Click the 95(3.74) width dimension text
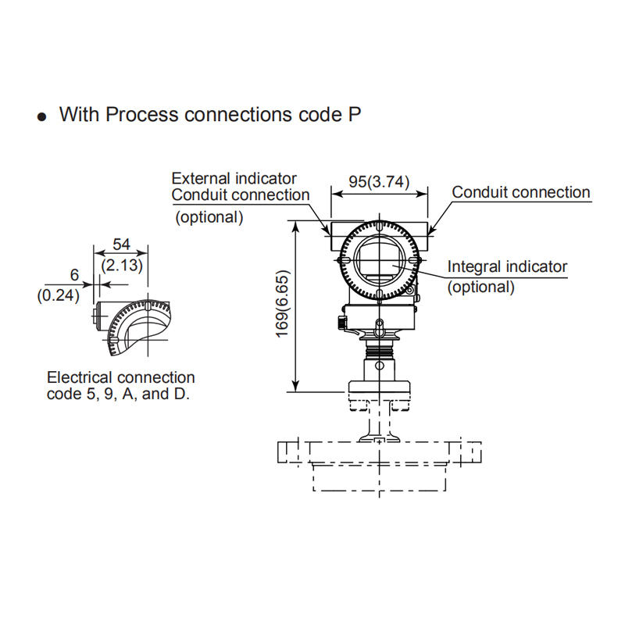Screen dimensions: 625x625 point(379,182)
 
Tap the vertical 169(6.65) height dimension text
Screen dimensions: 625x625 point(282,304)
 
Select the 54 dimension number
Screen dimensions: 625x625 point(121,244)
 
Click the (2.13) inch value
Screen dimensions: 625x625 point(122,265)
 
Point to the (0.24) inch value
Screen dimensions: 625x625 point(58,295)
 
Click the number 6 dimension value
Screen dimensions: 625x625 point(74,275)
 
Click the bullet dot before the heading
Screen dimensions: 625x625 point(41,116)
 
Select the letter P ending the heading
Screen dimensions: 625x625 point(355,114)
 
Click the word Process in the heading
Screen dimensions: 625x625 point(142,114)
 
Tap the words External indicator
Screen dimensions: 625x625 point(234,178)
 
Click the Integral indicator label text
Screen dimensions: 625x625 point(507,266)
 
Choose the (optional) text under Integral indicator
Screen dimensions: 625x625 point(480,287)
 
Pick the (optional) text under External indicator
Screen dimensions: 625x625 point(209,217)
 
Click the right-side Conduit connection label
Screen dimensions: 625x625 point(520,192)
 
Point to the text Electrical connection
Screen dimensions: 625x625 point(121,377)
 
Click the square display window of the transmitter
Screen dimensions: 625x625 point(377,259)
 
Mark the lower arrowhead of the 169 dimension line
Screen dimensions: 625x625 point(295,386)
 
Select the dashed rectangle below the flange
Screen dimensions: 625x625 point(379,478)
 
